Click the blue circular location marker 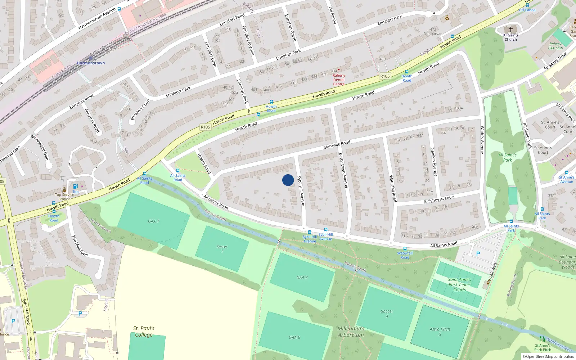[288, 180]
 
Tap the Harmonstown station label [91, 63]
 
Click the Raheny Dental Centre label [339, 80]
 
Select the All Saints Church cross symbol [510, 30]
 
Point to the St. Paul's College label [144, 331]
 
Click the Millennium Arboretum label [351, 332]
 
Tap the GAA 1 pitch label [153, 221]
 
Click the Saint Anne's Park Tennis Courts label [459, 284]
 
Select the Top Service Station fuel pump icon [75, 186]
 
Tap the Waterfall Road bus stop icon [405, 249]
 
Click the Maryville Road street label [337, 145]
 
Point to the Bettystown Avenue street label [343, 170]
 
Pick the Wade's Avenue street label [482, 140]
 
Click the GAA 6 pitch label [294, 337]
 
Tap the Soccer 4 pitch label [387, 314]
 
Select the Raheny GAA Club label [555, 46]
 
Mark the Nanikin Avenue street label [434, 162]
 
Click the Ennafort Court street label [140, 109]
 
